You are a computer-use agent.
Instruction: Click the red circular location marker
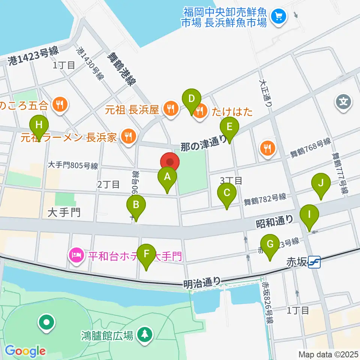tap(170, 162)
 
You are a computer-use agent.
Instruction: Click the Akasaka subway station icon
tap(313, 262)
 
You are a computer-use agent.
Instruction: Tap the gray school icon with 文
tap(344, 101)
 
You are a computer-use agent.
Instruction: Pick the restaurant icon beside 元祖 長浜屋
tap(171, 109)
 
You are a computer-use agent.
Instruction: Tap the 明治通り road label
tap(202, 283)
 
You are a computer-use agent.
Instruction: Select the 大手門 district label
tap(64, 213)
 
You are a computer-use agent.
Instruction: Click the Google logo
tap(25, 351)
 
